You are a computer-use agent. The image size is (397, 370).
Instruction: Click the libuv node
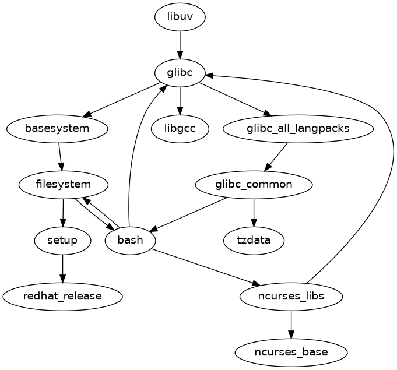(180, 17)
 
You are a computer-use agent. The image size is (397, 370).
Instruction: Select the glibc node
(180, 73)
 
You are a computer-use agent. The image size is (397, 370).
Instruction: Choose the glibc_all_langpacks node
(298, 129)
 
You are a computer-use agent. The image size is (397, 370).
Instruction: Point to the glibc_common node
(254, 185)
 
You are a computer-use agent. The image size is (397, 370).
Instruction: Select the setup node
(62, 240)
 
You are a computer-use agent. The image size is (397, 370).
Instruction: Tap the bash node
(130, 240)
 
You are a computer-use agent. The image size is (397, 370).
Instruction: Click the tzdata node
(254, 240)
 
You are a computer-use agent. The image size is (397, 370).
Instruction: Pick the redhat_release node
(62, 296)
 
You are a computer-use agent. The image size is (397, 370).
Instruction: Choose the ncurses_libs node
(291, 296)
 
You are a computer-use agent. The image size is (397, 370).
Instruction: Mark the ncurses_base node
(291, 352)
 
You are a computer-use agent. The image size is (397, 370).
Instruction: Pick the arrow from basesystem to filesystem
(60, 157)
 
